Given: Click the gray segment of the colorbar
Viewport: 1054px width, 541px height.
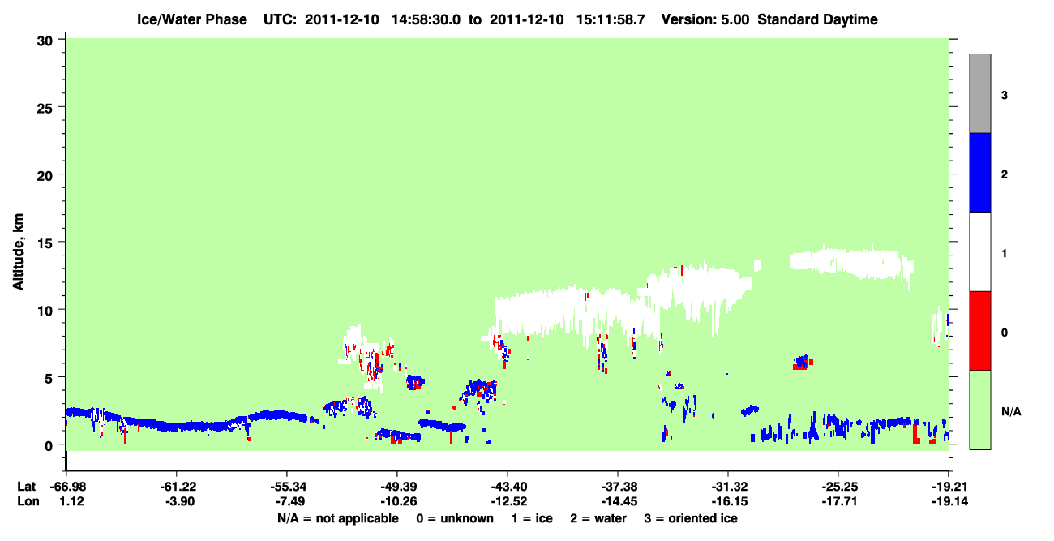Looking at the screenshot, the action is pyautogui.click(x=979, y=93).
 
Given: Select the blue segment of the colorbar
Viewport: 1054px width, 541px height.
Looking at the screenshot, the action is pyautogui.click(x=979, y=172).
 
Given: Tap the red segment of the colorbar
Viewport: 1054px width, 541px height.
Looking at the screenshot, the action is pyautogui.click(x=979, y=331).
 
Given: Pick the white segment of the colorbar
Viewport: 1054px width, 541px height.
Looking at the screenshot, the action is pyautogui.click(x=979, y=251).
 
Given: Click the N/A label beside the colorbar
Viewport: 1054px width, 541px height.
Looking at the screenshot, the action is pyautogui.click(x=1011, y=412).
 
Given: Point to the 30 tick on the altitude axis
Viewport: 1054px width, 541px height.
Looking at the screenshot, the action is pyautogui.click(x=61, y=40).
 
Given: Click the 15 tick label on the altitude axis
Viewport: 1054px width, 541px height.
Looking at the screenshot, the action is pyautogui.click(x=45, y=242).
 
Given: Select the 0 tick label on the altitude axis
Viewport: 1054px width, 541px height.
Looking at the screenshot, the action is pyautogui.click(x=49, y=445).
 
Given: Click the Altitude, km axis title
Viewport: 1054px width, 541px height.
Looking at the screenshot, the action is pyautogui.click(x=18, y=252).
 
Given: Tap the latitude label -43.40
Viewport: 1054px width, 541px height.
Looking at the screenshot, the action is pyautogui.click(x=508, y=487).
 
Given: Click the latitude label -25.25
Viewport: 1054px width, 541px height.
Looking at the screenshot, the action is pyautogui.click(x=839, y=487).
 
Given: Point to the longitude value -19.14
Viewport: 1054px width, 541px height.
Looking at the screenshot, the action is pyautogui.click(x=949, y=501).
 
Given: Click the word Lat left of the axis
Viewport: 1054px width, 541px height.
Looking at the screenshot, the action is pyautogui.click(x=26, y=487).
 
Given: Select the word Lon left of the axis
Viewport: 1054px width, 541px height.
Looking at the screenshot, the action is pyautogui.click(x=28, y=501).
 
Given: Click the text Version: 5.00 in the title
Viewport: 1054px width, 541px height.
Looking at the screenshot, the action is pyautogui.click(x=705, y=19).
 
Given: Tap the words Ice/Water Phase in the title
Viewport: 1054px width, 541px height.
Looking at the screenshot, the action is pyautogui.click(x=192, y=19).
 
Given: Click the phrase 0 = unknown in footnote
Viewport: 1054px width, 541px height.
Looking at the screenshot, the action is pyautogui.click(x=455, y=518).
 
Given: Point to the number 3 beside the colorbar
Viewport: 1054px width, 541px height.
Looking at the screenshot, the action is pyautogui.click(x=1005, y=95).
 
